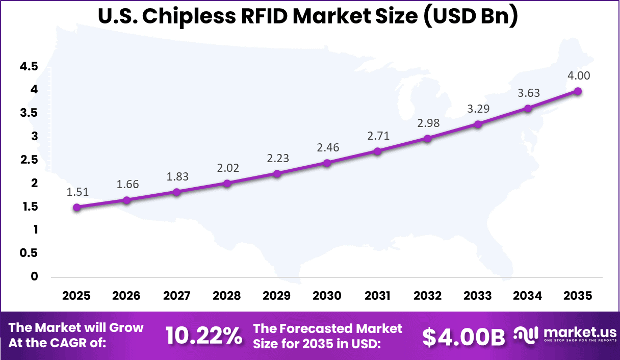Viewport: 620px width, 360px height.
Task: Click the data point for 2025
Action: pyautogui.click(x=76, y=207)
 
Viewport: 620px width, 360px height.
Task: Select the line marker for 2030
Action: pyautogui.click(x=327, y=163)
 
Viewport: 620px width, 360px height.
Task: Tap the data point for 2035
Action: pyautogui.click(x=578, y=91)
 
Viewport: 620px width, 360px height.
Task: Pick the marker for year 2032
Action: pyautogui.click(x=427, y=139)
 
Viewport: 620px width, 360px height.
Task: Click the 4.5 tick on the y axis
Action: pyautogui.click(x=29, y=66)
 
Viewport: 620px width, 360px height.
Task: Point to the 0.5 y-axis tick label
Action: pyautogui.click(x=29, y=253)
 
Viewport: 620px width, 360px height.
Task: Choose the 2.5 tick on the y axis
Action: pyautogui.click(x=29, y=160)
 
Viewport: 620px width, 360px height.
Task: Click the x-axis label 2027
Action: pyautogui.click(x=176, y=296)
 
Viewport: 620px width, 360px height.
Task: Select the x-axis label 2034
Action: pyautogui.click(x=528, y=296)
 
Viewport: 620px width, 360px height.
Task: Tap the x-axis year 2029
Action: pyautogui.click(x=277, y=296)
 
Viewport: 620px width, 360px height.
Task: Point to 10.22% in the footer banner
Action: pyautogui.click(x=203, y=336)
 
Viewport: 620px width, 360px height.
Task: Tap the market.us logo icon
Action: pyautogui.click(x=526, y=335)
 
